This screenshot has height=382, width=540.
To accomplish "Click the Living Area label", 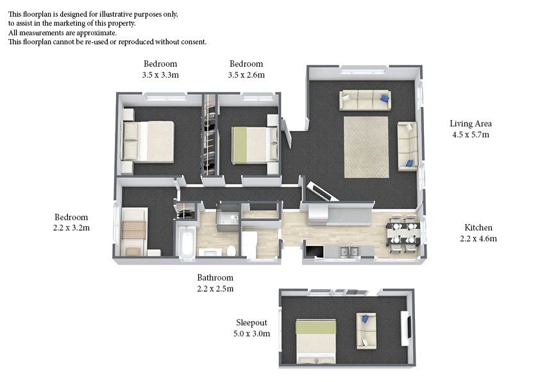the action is tap(471, 123).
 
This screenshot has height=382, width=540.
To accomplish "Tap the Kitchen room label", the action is tap(478, 227).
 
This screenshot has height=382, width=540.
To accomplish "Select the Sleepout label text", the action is tap(251, 323).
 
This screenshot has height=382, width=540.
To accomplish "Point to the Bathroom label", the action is tap(215, 277).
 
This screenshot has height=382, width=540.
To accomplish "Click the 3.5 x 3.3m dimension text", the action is tap(160, 75).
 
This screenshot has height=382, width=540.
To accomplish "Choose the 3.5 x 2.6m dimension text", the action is tap(246, 75).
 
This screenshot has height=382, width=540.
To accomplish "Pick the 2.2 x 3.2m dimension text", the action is tap(71, 228).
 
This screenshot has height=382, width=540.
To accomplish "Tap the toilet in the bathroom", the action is tap(232, 251).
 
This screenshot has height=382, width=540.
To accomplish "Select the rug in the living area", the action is tap(366, 147).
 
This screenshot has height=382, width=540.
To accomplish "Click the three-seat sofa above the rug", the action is tap(365, 100).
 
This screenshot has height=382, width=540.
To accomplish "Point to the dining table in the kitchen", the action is tap(403, 234).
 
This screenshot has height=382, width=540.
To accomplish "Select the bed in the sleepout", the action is tap(316, 342).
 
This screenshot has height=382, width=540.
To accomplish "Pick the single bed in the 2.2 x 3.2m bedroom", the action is tap(134, 231).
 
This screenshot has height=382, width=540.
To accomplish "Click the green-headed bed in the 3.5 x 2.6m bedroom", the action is tap(255, 145).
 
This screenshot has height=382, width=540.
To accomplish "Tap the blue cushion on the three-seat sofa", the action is tap(384, 99).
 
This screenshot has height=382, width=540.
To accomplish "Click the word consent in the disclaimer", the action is tap(194, 42).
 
